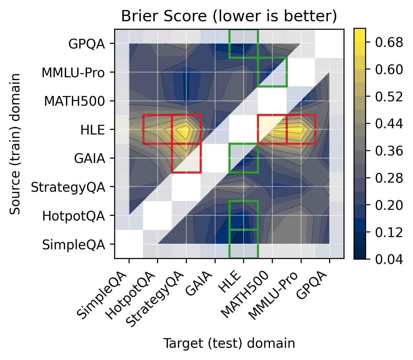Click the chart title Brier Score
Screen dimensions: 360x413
229,16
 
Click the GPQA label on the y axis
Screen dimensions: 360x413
87,44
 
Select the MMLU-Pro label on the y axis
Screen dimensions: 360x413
73,73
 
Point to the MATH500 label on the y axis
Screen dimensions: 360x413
74,101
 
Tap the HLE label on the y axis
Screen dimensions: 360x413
92,130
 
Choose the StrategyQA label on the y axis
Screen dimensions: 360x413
68,187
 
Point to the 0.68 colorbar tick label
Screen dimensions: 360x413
385,42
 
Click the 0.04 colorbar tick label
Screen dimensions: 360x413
385,259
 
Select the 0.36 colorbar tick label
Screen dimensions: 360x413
385,151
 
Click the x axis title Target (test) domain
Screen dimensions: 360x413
229,343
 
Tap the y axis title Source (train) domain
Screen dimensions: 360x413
15,144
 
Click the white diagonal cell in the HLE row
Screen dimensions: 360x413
243,129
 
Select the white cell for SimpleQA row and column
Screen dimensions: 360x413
129,244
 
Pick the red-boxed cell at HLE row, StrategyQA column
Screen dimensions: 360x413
186,129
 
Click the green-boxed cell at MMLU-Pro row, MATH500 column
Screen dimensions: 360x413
272,72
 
